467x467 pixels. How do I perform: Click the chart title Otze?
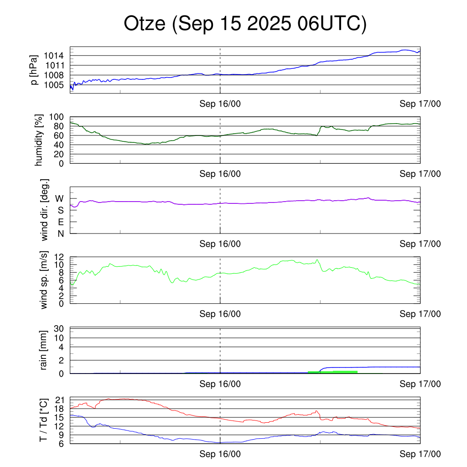coord(245,24)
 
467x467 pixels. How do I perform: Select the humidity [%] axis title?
coord(39,140)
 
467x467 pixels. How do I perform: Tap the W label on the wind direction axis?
coord(59,198)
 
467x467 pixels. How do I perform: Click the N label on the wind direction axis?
coord(60,233)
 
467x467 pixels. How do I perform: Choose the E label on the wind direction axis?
coord(60,222)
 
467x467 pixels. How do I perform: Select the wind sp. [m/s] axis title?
coord(44,280)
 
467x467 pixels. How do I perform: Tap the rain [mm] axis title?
coord(44,350)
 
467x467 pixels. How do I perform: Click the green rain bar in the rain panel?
coord(332,372)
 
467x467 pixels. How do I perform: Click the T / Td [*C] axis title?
coord(43,420)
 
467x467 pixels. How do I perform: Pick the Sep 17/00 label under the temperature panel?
coord(420,454)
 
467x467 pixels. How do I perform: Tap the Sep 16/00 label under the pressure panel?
coord(220,104)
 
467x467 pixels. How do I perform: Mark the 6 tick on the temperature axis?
coord(61,443)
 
